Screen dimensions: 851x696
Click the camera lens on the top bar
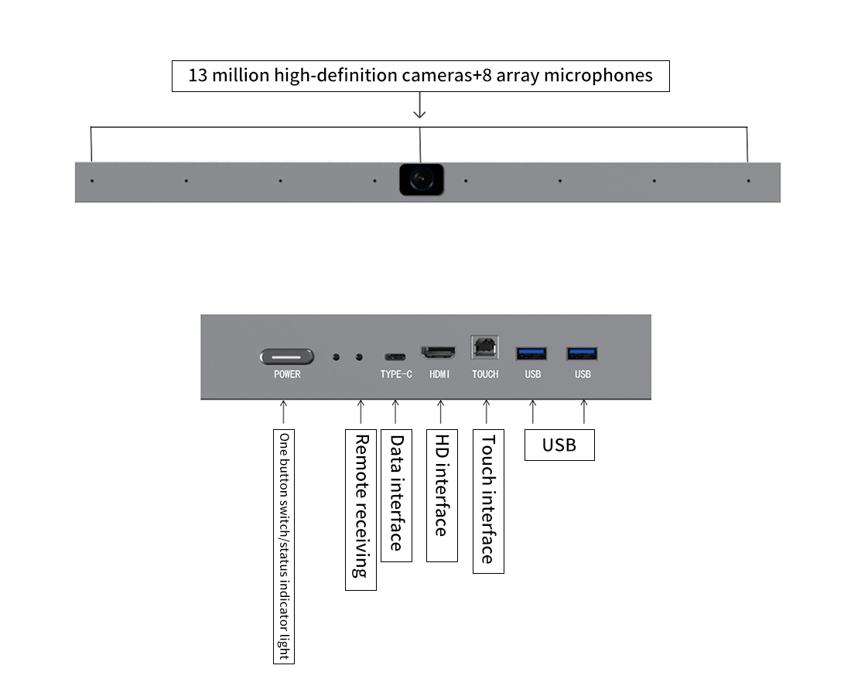click(421, 179)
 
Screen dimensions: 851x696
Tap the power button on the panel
click(286, 357)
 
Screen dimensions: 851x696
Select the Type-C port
click(395, 357)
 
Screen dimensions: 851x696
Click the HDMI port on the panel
click(439, 353)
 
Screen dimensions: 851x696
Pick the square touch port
click(484, 346)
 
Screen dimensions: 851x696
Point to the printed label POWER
click(287, 374)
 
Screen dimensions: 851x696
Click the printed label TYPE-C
click(396, 374)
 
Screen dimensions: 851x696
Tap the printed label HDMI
click(439, 374)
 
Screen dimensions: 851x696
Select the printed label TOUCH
click(485, 374)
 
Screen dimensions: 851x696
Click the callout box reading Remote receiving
click(361, 510)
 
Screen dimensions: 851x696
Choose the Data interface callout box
click(397, 496)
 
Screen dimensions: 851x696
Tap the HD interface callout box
click(443, 496)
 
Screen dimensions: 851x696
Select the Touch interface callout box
click(488, 501)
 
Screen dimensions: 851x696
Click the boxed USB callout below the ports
click(559, 445)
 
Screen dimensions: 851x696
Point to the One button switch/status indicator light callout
click(284, 546)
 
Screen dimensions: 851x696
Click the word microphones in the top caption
click(598, 76)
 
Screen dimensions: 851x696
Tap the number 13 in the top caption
click(198, 76)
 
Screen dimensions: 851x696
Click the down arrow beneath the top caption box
click(419, 105)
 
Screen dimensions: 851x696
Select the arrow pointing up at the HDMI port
click(441, 411)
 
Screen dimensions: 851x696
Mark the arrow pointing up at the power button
click(283, 411)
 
